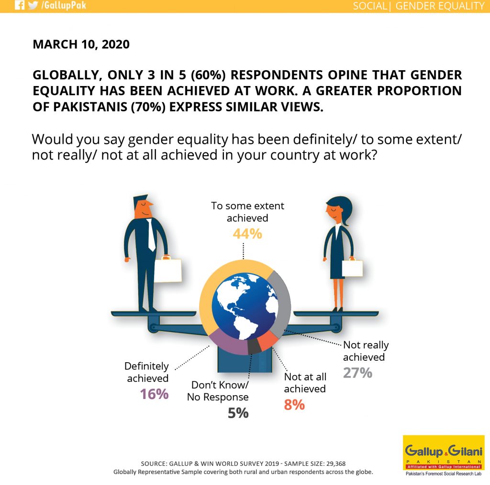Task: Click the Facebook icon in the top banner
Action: (19, 5)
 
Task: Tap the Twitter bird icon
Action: (33, 5)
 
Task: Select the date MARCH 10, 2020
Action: (81, 44)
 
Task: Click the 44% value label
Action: (247, 234)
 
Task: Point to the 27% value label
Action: (357, 373)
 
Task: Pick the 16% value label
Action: (154, 394)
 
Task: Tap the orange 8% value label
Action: (294, 405)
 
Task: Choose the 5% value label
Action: (238, 413)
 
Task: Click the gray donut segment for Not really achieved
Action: (282, 304)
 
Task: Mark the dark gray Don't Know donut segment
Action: (255, 346)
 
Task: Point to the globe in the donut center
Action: (245, 306)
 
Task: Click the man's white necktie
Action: (151, 235)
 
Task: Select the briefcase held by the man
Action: (168, 269)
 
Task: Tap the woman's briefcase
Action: (352, 267)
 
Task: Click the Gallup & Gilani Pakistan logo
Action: (444, 455)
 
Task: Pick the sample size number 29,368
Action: (336, 464)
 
